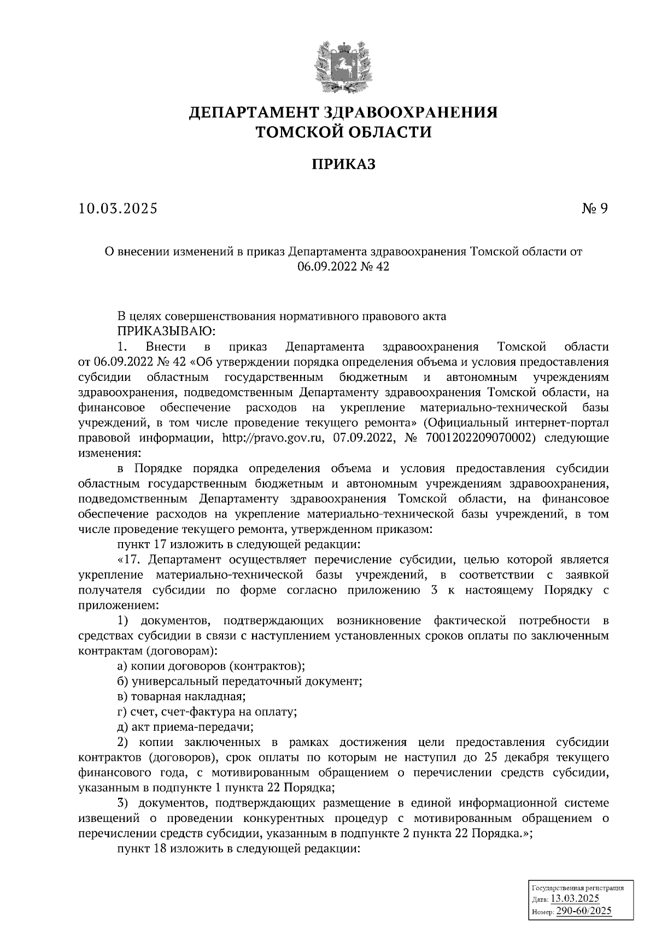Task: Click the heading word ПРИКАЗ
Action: (x=343, y=164)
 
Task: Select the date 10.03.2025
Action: (x=118, y=208)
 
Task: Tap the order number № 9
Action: (x=594, y=208)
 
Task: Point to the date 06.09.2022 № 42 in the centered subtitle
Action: (x=343, y=267)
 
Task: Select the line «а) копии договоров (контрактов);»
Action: (x=211, y=666)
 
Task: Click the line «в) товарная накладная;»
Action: (x=181, y=697)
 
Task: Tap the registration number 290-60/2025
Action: (x=584, y=911)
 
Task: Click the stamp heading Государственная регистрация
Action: (x=578, y=889)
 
